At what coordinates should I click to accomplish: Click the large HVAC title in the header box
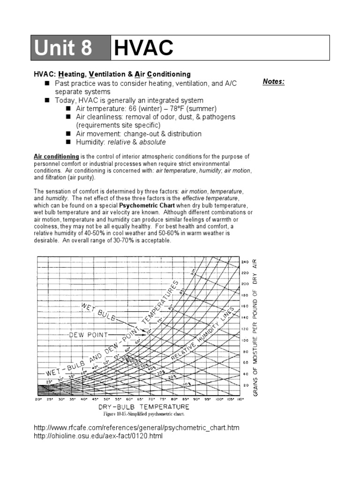[x=143, y=48]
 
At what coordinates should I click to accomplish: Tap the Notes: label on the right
[x=273, y=82]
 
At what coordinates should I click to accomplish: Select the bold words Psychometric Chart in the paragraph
[x=143, y=205]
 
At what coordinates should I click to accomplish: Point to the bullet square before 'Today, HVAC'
[x=47, y=100]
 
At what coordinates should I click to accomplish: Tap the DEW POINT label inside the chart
[x=89, y=335]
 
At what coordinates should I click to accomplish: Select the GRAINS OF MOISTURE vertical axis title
[x=255, y=327]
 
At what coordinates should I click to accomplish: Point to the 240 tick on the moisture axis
[x=245, y=262]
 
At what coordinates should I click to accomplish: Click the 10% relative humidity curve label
[x=187, y=383]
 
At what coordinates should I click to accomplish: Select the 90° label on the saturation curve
[x=192, y=271]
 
